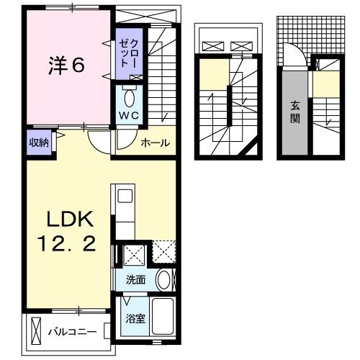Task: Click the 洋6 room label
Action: tap(66, 65)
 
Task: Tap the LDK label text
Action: tap(70, 219)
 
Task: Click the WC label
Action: tap(129, 116)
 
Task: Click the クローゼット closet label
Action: tap(129, 54)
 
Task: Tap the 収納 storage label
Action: tap(39, 143)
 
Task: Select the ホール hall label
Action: tap(156, 143)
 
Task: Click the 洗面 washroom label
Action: tap(135, 280)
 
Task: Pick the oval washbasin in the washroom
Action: tap(163, 280)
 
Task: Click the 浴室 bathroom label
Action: tap(135, 319)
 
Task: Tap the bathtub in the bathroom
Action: tap(163, 316)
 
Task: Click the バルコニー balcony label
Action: tap(73, 332)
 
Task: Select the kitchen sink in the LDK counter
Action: tap(125, 196)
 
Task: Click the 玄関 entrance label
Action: tap(294, 112)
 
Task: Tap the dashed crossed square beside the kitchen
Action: tap(164, 252)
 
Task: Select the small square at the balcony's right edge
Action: tap(107, 331)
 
